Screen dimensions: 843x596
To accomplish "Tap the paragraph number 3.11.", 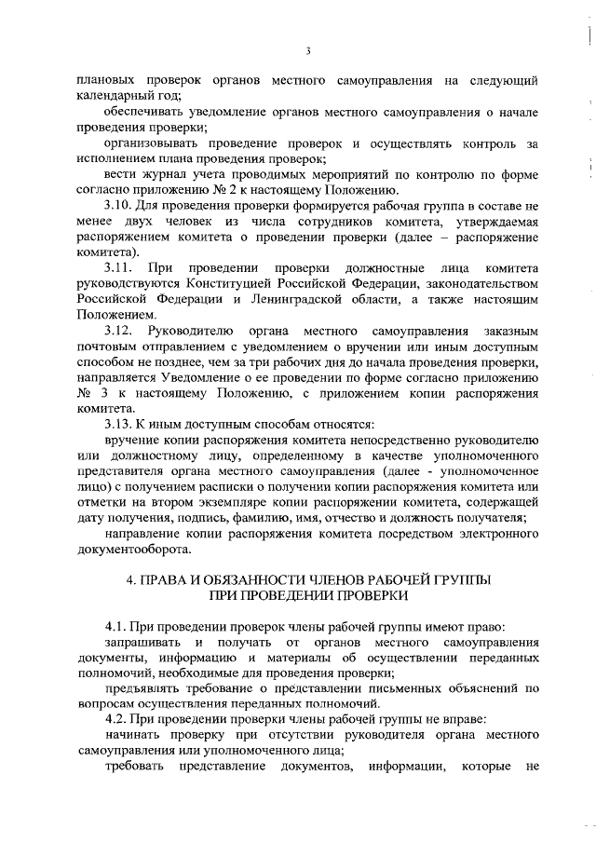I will pos(117,267).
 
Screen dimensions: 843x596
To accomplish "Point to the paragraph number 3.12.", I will pos(118,331).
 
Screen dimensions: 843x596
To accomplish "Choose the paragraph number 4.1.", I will pos(115,629).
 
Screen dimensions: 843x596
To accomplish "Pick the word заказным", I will pos(510,331).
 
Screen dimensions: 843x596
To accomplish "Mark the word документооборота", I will pos(134,551).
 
